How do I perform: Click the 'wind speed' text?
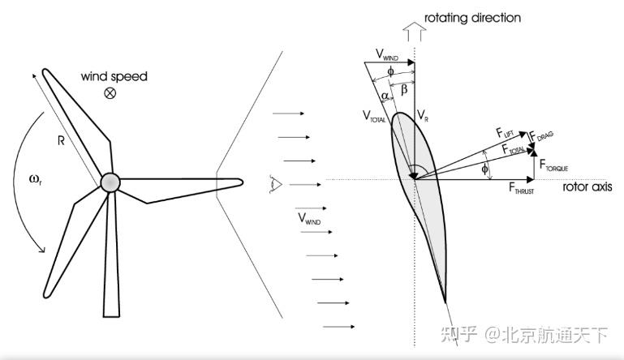click(x=114, y=76)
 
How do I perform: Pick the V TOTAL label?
click(x=374, y=116)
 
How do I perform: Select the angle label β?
click(x=404, y=89)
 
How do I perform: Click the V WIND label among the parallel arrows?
click(x=309, y=218)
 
